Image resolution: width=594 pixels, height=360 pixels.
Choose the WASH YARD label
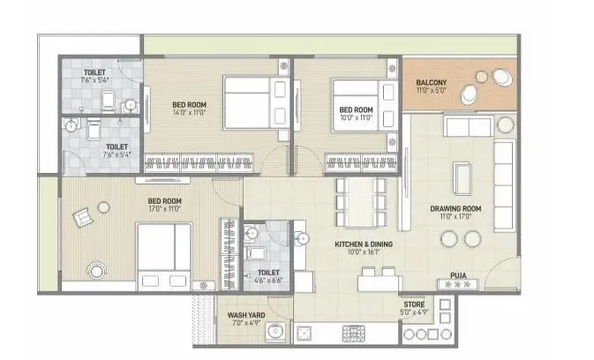[x=241, y=313]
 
